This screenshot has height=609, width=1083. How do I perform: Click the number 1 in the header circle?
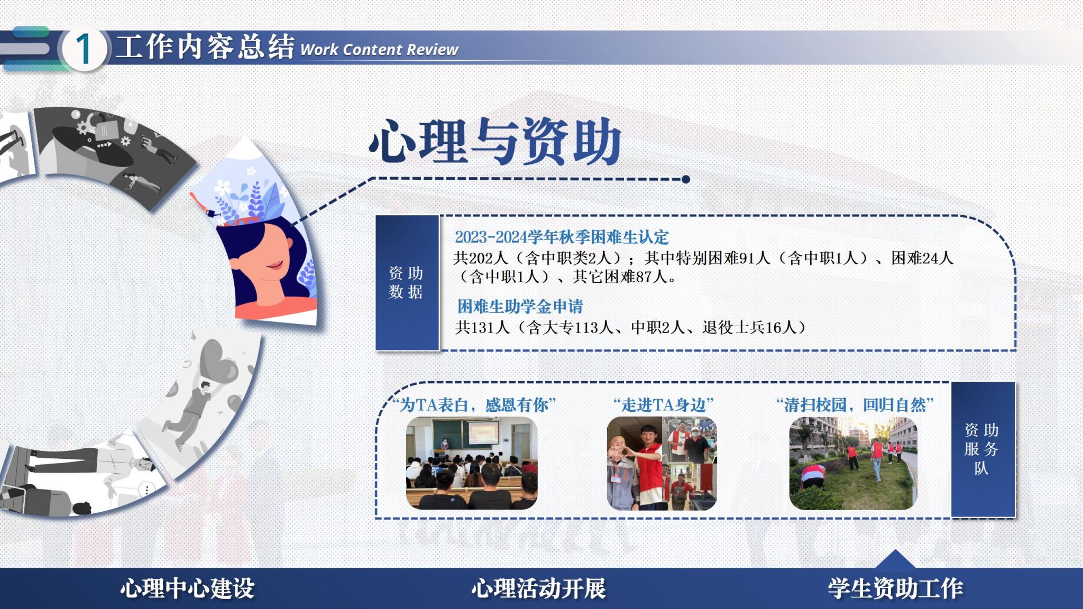pyautogui.click(x=83, y=49)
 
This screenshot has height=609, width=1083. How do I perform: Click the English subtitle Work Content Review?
pyautogui.click(x=379, y=50)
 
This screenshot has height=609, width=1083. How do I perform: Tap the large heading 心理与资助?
pyautogui.click(x=495, y=141)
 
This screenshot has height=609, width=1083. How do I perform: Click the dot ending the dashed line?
pyautogui.click(x=686, y=179)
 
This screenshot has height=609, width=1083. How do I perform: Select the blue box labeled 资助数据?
pyautogui.click(x=407, y=282)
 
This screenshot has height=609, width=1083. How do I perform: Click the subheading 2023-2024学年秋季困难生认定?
pyautogui.click(x=562, y=237)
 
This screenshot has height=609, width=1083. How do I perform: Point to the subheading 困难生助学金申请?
pyautogui.click(x=520, y=306)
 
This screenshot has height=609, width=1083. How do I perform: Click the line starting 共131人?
pyautogui.click(x=631, y=328)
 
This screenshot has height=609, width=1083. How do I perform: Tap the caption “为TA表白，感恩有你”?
pyautogui.click(x=474, y=405)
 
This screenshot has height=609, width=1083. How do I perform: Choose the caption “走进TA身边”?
pyautogui.click(x=663, y=405)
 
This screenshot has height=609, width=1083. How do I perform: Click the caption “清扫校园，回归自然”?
pyautogui.click(x=855, y=405)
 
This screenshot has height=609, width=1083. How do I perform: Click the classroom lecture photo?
pyautogui.click(x=472, y=463)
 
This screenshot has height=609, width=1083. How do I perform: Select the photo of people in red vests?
pyautogui.click(x=662, y=463)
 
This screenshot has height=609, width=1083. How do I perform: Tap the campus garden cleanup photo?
pyautogui.click(x=853, y=463)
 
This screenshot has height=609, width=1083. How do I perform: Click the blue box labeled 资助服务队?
pyautogui.click(x=983, y=449)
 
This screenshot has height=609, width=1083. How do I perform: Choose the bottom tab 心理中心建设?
pyautogui.click(x=187, y=588)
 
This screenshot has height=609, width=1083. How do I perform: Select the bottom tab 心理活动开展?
pyautogui.click(x=538, y=588)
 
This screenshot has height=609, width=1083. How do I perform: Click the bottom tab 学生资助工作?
pyautogui.click(x=895, y=588)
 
